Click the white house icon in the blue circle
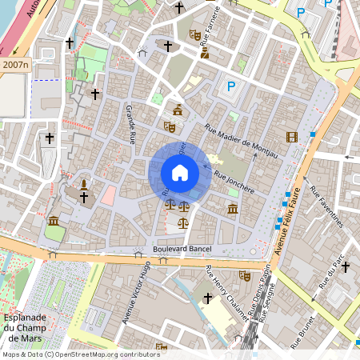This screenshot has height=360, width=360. (x=180, y=173)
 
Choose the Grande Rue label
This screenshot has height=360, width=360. (x=130, y=123)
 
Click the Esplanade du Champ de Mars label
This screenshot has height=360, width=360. (x=23, y=315)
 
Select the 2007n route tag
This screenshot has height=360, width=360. (x=15, y=64)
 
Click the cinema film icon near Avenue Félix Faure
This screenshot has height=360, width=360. (x=291, y=137)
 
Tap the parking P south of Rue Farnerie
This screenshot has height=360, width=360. (x=231, y=86)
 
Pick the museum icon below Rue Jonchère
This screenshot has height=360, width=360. (x=232, y=209)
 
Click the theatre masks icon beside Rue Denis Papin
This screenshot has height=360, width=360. (x=245, y=275)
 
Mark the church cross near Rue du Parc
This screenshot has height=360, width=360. (x=346, y=266)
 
